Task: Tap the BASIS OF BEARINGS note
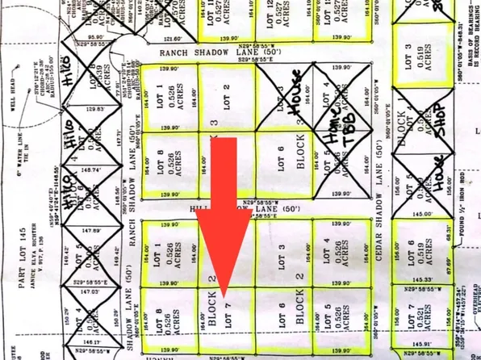[x=469, y=48]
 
